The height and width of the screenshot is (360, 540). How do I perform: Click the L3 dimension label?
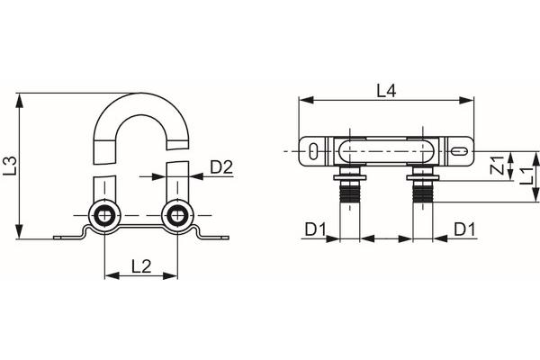click(10, 165)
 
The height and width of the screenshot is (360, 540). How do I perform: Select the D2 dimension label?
click(222, 166)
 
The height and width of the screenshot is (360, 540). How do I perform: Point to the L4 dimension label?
click(386, 90)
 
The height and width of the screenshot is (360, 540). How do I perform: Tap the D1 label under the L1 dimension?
click(464, 229)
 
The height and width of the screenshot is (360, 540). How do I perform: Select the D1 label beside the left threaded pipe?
click(313, 229)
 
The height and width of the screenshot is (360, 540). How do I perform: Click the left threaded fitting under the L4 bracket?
click(348, 185)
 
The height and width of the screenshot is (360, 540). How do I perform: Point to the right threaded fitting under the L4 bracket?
click(422, 185)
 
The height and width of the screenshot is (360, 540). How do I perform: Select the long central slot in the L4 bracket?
click(385, 152)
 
